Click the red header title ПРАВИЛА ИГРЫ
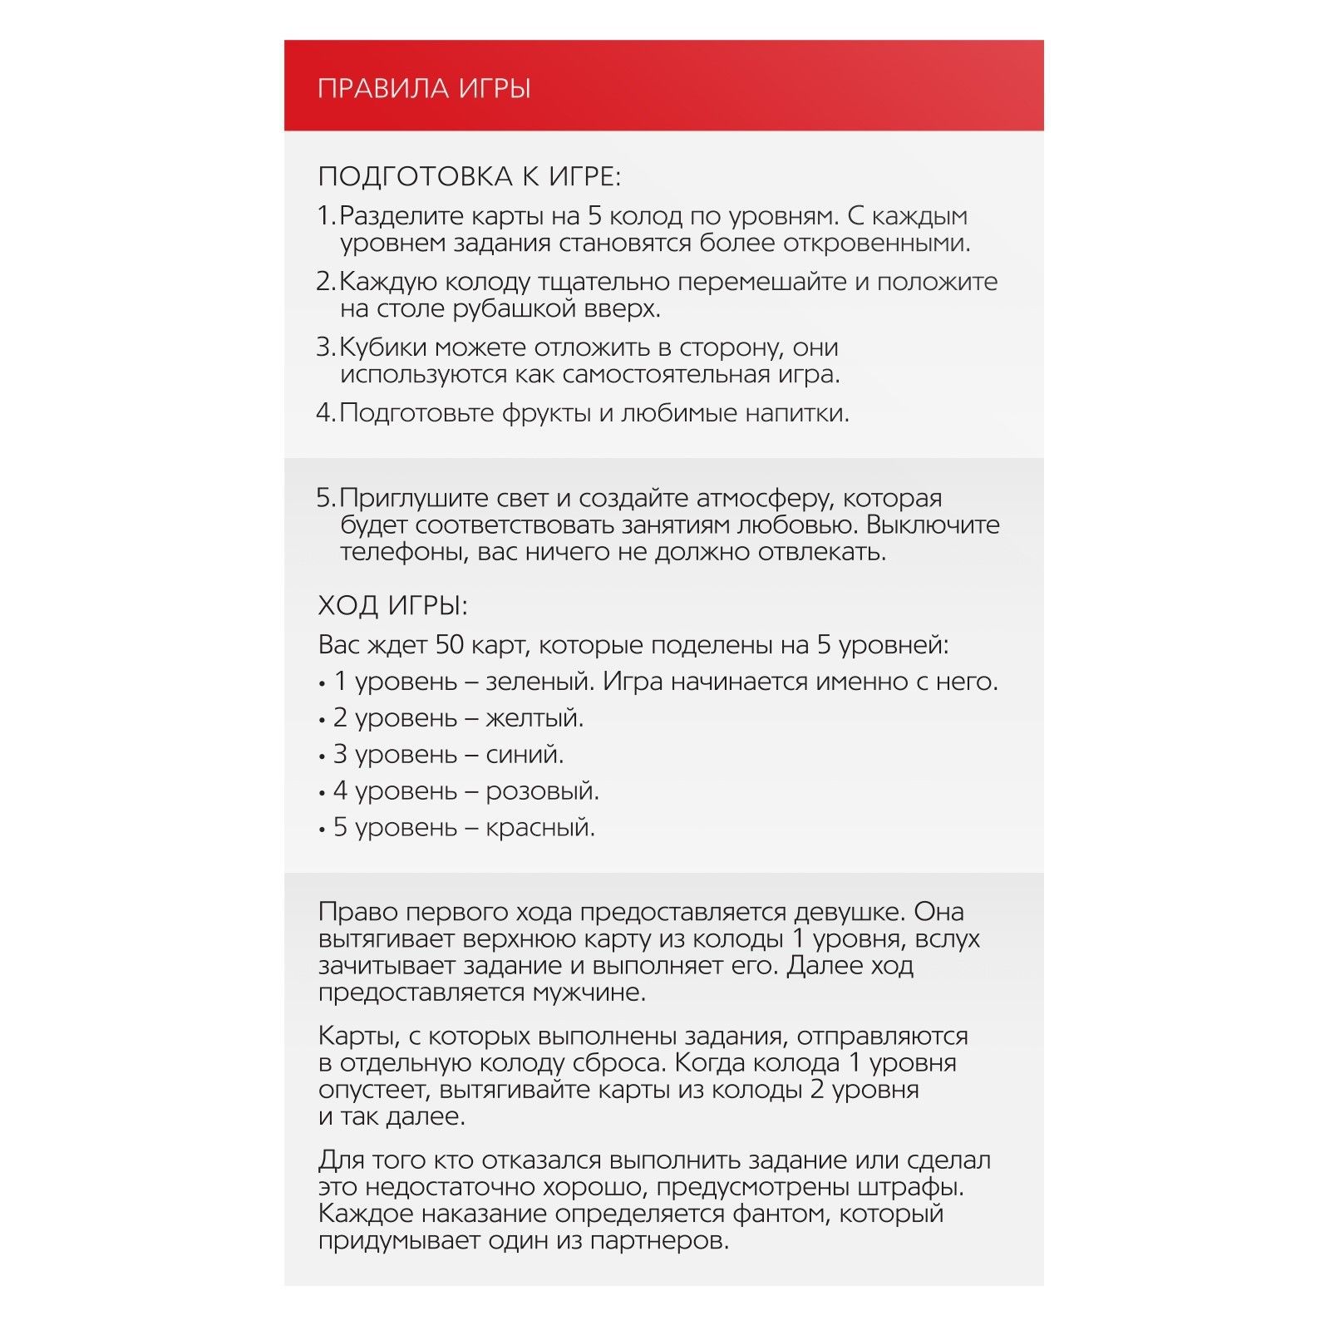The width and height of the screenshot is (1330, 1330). pos(424,88)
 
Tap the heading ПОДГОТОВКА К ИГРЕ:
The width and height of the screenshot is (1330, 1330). pos(470,176)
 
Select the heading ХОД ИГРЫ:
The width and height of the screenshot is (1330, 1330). pos(393,605)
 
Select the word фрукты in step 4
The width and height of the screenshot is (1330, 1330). pos(546,413)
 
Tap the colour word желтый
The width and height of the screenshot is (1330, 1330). pos(534,718)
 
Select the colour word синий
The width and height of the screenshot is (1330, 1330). pos(525,755)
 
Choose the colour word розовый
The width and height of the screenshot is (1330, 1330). pos(542,791)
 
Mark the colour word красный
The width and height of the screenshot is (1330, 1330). pos(540,828)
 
